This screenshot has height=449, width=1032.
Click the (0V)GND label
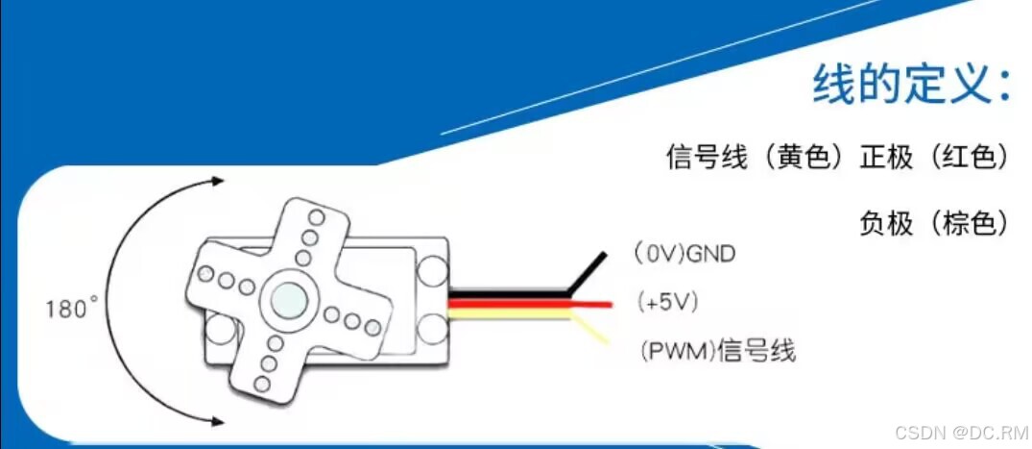(684, 254)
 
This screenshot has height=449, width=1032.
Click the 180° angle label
(72, 310)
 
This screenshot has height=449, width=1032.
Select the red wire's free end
(609, 305)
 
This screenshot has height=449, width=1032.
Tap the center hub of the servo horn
(289, 299)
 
